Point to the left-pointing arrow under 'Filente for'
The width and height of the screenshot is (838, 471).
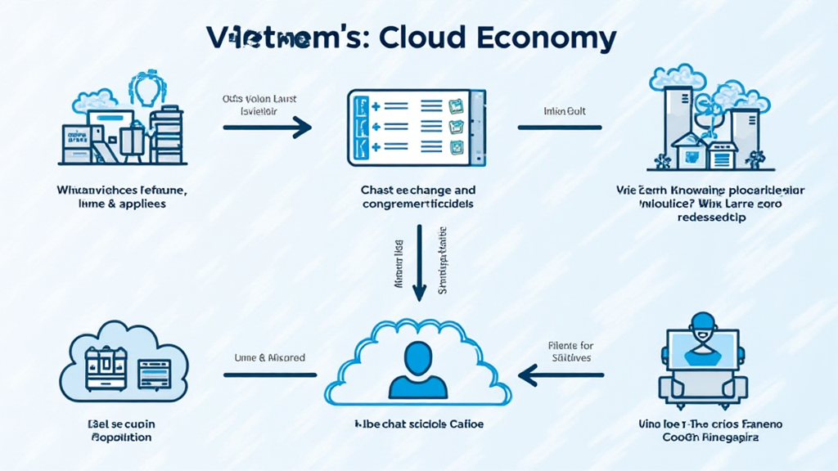[x=561, y=375]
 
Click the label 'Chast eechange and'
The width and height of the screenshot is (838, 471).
[x=418, y=190]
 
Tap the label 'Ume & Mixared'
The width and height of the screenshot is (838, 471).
[x=270, y=357]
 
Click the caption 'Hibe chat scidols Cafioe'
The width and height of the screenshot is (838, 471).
[x=419, y=425]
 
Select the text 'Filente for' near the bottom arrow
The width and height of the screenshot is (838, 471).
[x=570, y=344]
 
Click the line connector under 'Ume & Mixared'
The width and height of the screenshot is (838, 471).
[x=270, y=375]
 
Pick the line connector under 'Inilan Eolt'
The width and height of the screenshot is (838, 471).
[x=560, y=128]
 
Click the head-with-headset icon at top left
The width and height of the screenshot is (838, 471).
[x=146, y=87]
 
